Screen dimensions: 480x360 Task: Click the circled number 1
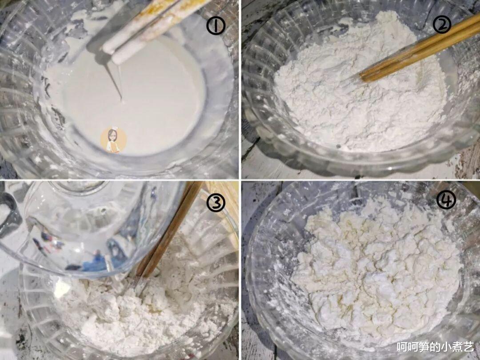(216, 25)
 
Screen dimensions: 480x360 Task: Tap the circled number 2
(442, 24)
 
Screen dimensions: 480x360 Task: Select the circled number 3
(216, 202)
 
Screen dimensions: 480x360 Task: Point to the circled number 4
(446, 200)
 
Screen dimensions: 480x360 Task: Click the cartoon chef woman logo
(113, 140)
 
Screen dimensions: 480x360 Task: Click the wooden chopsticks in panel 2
(420, 49)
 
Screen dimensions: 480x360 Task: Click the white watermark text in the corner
(435, 347)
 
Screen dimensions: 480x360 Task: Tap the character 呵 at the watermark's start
(402, 347)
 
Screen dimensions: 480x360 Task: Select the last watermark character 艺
(469, 347)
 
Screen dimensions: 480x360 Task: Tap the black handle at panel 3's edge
(10, 214)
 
